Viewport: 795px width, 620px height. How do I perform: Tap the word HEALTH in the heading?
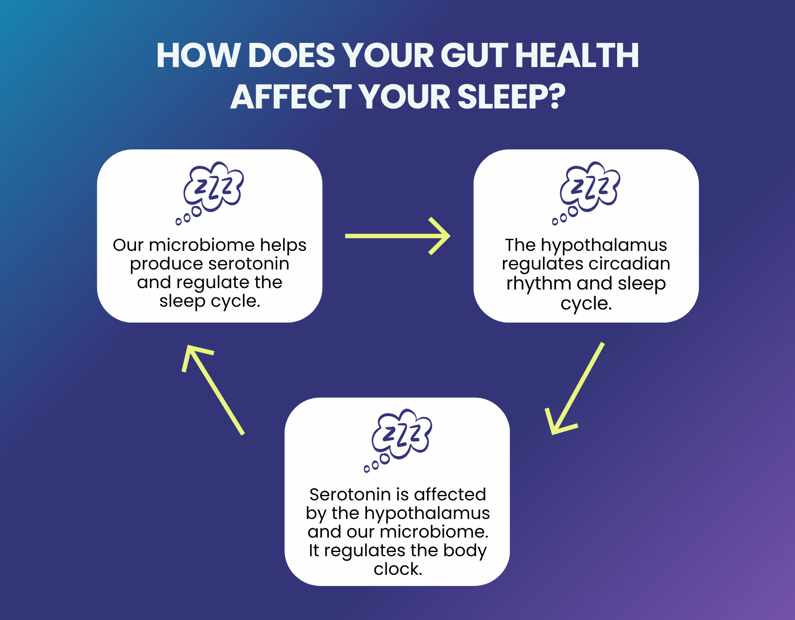click(x=578, y=55)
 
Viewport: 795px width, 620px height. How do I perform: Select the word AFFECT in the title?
click(x=291, y=97)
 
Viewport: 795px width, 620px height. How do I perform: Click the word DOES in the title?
click(x=292, y=55)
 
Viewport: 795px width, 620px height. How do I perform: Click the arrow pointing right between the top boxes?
click(x=398, y=236)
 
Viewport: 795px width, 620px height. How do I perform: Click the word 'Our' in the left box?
click(x=128, y=245)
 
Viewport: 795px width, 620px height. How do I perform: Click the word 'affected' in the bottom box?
click(x=450, y=494)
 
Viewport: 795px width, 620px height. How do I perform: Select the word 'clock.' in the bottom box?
click(x=398, y=569)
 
